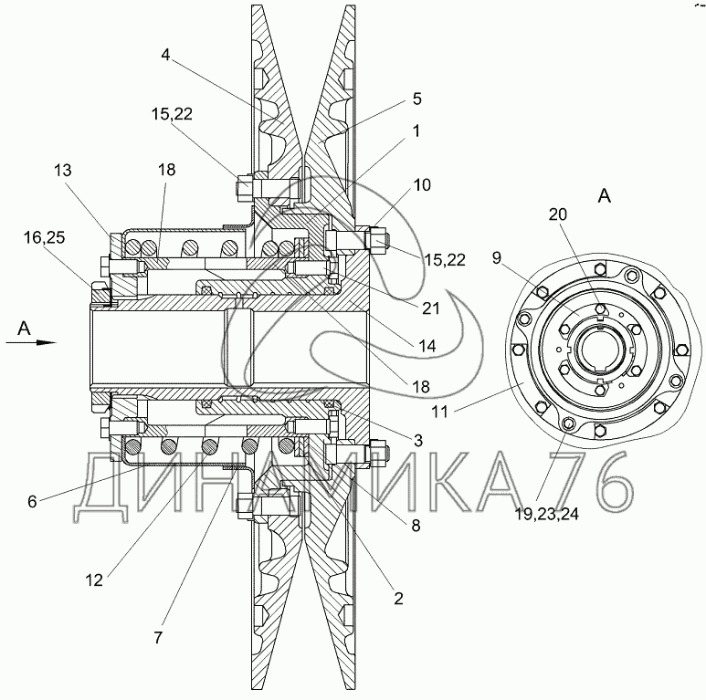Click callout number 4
point(165,55)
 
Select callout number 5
point(417,99)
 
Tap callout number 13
point(63,171)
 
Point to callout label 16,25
point(44,238)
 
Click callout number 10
point(422,185)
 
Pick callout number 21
point(430,308)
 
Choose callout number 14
point(427,346)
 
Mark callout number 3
point(418,441)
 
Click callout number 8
point(416,525)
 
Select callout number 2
point(398,599)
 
